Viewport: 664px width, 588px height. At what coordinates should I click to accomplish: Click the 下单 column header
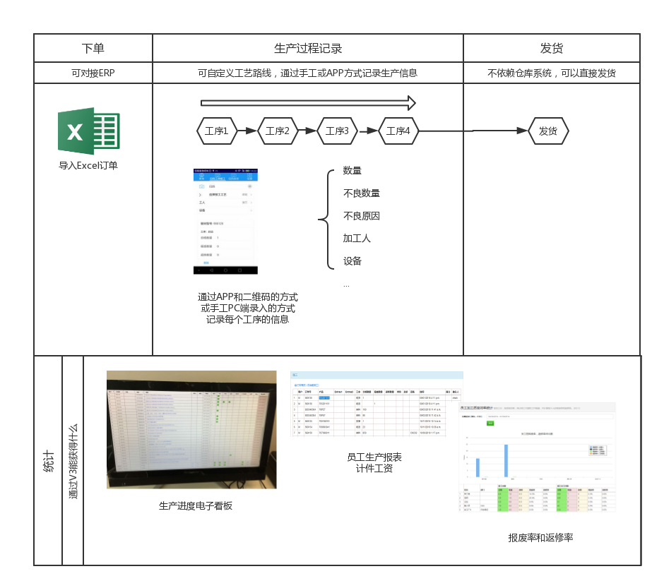click(x=93, y=49)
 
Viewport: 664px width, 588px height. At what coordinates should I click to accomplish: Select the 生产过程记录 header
click(x=308, y=49)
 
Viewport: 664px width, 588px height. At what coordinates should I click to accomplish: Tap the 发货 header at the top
click(x=552, y=49)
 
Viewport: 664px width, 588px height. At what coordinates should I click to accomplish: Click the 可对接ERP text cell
click(x=93, y=73)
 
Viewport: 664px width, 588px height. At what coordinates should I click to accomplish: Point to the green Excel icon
click(x=89, y=131)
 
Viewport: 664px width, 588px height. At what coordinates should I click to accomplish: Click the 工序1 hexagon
click(x=216, y=131)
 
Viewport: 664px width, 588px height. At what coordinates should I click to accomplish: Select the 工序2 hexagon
click(x=277, y=131)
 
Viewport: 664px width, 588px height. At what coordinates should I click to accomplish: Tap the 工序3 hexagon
click(x=337, y=131)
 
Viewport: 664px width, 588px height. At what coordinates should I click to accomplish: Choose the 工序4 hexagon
click(x=398, y=131)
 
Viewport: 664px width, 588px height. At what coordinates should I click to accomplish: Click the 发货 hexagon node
click(x=548, y=131)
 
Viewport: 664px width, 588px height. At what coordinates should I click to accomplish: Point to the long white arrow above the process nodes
click(x=307, y=103)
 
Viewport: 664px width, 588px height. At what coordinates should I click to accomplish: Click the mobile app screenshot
click(x=225, y=218)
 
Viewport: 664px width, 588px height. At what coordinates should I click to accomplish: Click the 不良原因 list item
click(x=362, y=216)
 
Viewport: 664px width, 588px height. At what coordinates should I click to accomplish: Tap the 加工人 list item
click(x=357, y=239)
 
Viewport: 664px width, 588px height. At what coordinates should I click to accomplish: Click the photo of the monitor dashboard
click(x=191, y=429)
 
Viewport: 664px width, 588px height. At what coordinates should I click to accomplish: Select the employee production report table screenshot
click(x=376, y=403)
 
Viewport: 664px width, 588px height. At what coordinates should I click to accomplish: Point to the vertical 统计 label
click(x=48, y=460)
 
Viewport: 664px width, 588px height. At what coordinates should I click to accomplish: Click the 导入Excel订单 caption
click(x=88, y=166)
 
